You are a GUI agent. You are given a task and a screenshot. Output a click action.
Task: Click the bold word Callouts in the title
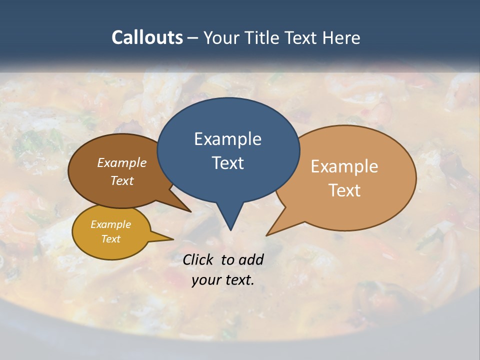click(147, 38)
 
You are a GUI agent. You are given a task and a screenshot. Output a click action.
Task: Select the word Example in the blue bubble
click(227, 139)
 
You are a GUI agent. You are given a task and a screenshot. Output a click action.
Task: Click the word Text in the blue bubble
click(227, 163)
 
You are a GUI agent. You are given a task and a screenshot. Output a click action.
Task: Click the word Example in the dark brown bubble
click(122, 163)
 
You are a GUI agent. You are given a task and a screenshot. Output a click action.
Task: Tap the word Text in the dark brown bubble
click(122, 180)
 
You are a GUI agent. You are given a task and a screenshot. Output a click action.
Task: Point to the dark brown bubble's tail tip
click(190, 211)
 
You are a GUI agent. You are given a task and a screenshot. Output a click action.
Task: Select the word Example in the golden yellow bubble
click(110, 224)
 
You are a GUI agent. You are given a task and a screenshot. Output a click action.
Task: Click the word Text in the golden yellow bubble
click(110, 239)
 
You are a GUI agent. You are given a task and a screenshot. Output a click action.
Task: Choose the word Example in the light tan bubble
click(344, 166)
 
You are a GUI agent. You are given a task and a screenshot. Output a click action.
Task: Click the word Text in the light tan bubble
click(344, 190)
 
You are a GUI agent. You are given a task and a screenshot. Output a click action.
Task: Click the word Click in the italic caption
click(199, 259)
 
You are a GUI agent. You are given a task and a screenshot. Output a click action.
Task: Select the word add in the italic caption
click(251, 259)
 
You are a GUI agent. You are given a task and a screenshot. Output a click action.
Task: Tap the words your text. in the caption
click(223, 280)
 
